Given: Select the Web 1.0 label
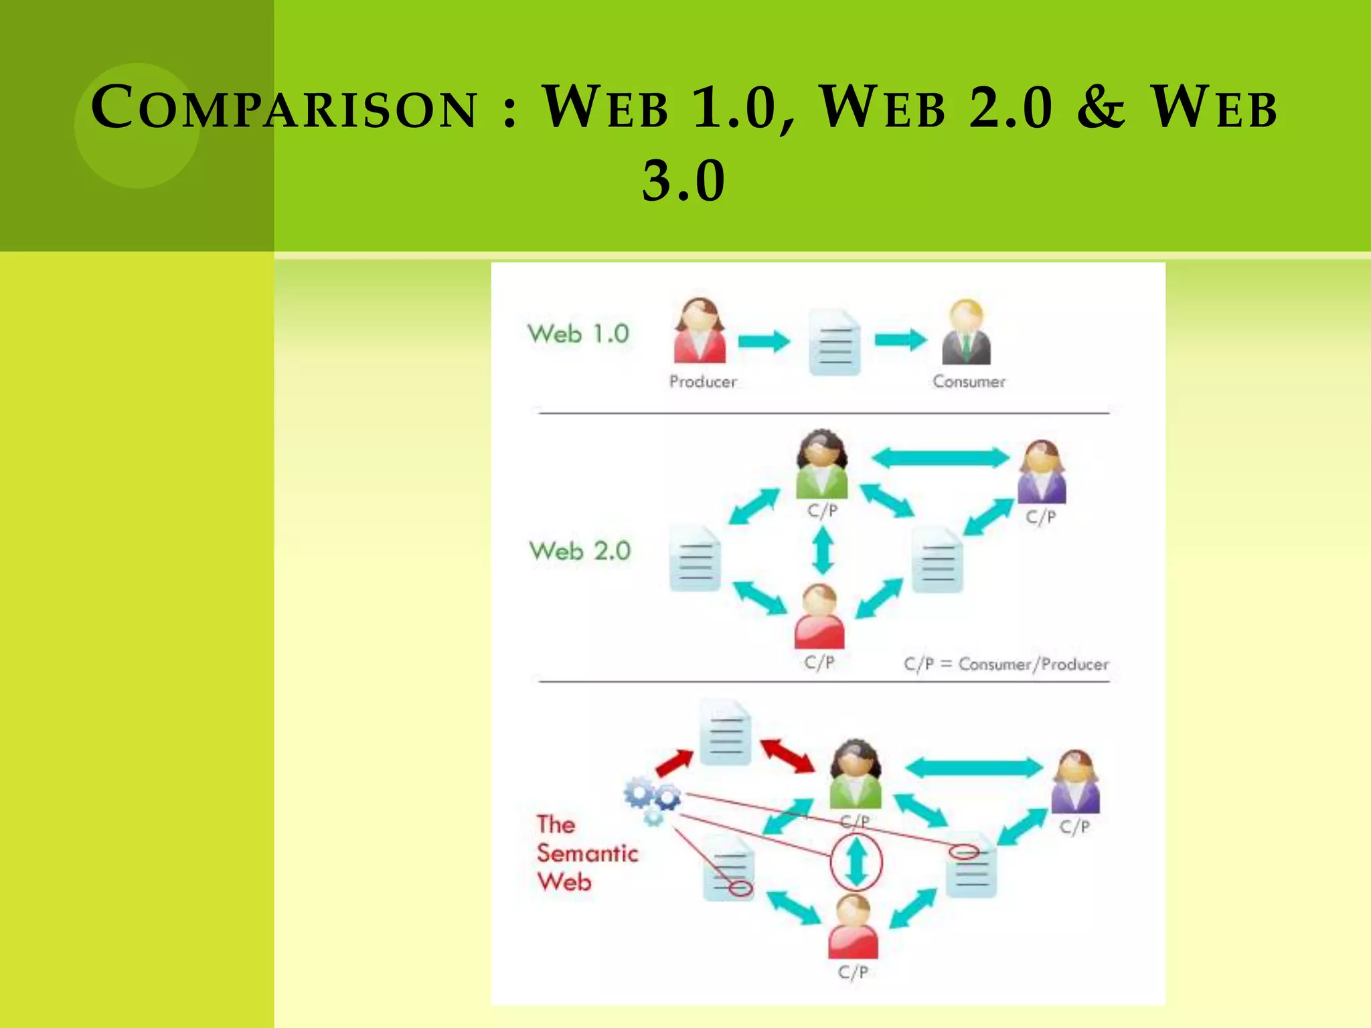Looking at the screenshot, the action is click(578, 333).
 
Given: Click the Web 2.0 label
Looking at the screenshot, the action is click(580, 551).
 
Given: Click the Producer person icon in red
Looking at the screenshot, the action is click(700, 331).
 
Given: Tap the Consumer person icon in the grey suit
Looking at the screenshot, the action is click(966, 333).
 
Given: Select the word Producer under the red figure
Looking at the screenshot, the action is click(703, 381).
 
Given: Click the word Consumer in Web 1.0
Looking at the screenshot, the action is click(969, 381).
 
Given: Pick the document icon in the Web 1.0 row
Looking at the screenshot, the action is click(834, 342).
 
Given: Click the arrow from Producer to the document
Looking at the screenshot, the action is click(764, 341).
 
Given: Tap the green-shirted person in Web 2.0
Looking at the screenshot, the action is click(822, 464).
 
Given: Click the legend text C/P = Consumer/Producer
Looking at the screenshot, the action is click(1005, 664).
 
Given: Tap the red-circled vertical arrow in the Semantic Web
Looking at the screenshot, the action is click(856, 862).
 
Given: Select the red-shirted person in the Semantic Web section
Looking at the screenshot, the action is click(853, 927).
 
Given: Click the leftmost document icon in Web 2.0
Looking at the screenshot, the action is click(696, 559).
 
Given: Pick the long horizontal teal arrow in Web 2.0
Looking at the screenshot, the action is click(941, 458).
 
